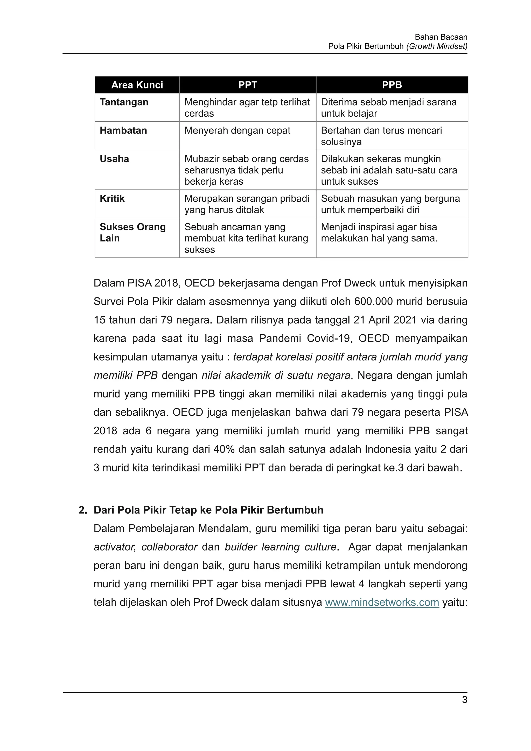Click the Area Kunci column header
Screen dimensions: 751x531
(137, 85)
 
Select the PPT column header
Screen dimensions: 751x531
(248, 85)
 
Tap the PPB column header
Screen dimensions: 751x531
(392, 85)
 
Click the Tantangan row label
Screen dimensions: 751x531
(124, 102)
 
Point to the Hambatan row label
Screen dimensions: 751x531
(123, 130)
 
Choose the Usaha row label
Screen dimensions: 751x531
(114, 159)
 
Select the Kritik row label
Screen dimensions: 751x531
(112, 199)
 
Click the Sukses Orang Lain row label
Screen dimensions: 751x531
(132, 232)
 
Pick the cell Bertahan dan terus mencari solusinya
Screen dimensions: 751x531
(381, 136)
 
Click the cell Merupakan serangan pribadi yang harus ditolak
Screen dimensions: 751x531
(247, 204)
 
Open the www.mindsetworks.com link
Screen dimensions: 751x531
(382, 602)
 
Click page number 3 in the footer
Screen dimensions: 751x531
(465, 700)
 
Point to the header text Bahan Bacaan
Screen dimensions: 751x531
(441, 37)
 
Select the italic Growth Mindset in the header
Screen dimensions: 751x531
(437, 46)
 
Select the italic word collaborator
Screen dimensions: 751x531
(169, 547)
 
